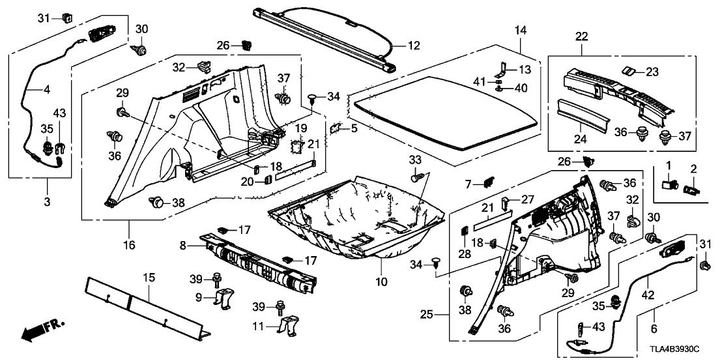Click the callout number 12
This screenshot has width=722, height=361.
coord(414,46)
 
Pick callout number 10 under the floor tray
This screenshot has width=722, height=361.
coord(381,282)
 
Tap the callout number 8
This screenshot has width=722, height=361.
coord(184,246)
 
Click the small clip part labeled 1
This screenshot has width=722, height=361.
coord(668,184)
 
